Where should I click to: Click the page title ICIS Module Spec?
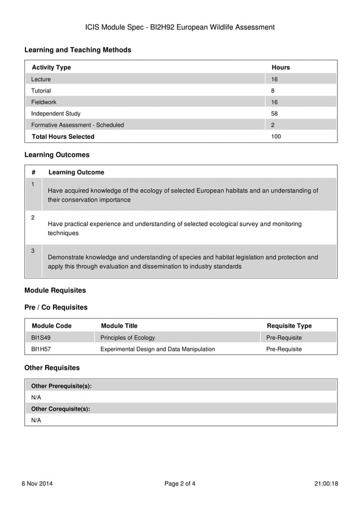[179, 27]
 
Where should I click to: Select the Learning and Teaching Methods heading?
[78, 50]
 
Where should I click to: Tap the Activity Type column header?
[51, 67]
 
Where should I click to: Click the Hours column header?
[280, 67]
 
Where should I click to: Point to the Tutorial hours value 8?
[273, 90]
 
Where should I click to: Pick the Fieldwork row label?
[44, 102]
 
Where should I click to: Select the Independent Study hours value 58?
[275, 114]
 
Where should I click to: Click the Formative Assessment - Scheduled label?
[77, 125]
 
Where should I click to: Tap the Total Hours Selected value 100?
[276, 137]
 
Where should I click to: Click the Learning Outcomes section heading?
[56, 155]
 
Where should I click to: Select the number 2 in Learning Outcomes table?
[33, 217]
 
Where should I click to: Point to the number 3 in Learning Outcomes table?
[33, 251]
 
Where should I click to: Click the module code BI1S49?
[41, 338]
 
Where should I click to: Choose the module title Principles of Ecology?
[128, 338]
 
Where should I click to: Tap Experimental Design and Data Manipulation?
[157, 349]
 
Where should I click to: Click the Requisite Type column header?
[289, 326]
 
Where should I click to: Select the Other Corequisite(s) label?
[60, 409]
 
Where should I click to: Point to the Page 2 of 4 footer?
[180, 483]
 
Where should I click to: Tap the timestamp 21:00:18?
[326, 483]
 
